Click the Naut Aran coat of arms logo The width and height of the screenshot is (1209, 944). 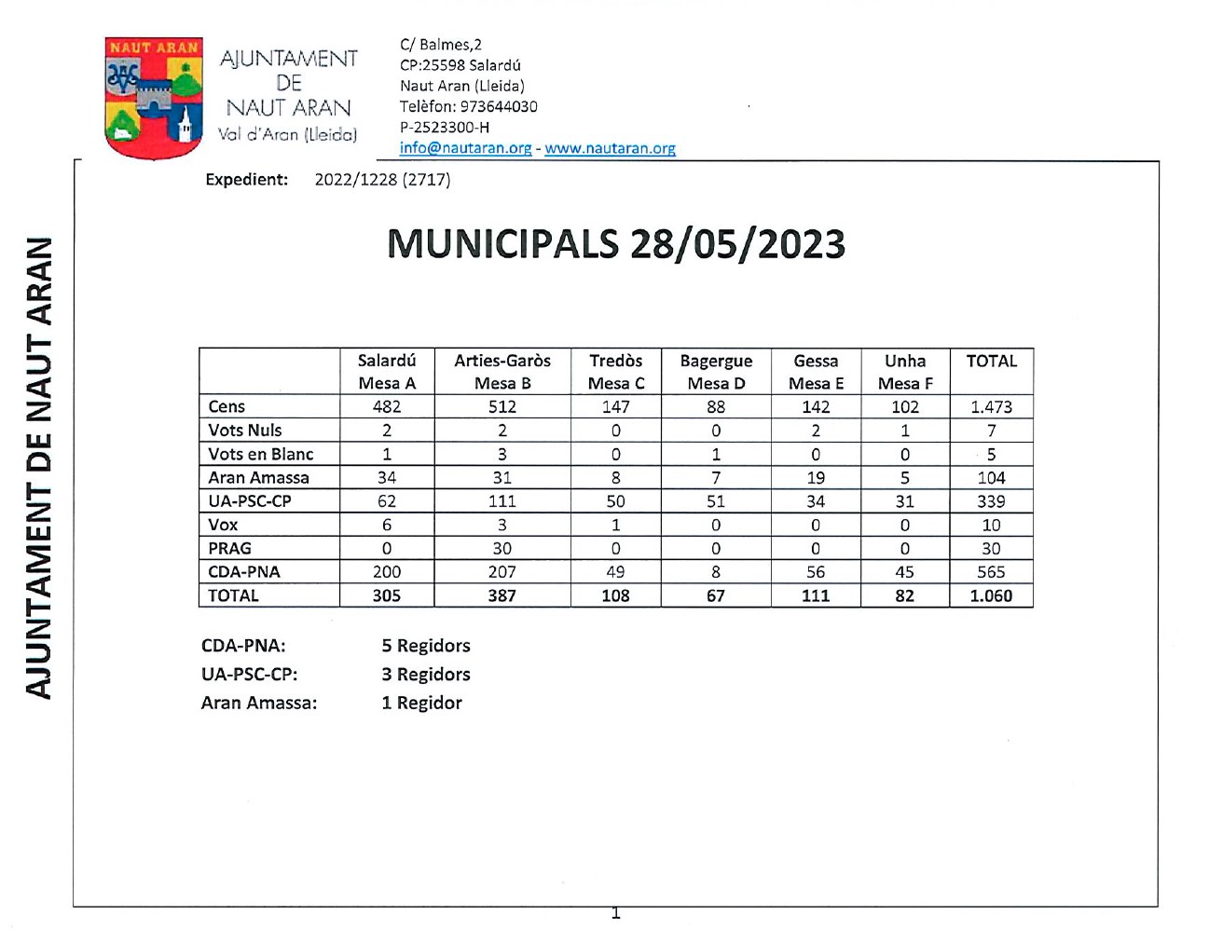[155, 97]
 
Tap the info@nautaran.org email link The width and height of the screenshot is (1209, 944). [465, 148]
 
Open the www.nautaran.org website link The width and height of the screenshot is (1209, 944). [610, 148]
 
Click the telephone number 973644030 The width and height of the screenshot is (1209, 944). [499, 106]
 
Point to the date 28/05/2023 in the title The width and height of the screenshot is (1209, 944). [737, 244]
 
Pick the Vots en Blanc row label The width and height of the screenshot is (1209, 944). [261, 454]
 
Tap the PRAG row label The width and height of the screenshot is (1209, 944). [229, 548]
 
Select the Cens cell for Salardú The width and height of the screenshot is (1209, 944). [386, 406]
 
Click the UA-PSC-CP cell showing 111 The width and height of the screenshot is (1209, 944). [501, 501]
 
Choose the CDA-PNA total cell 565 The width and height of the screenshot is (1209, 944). [990, 572]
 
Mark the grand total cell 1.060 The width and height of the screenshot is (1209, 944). [990, 595]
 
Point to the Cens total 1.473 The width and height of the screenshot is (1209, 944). [990, 406]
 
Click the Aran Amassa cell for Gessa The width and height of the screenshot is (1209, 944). [815, 477]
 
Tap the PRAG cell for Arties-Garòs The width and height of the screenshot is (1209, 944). [501, 548]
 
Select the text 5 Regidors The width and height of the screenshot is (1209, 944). [425, 646]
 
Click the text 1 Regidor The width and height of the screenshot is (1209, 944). [421, 703]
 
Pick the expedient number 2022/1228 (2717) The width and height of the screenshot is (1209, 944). [382, 180]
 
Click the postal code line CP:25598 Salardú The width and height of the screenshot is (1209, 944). [460, 65]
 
